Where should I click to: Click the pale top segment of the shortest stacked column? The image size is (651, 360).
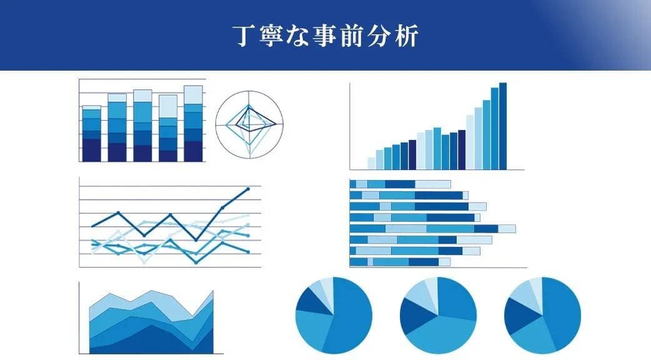pyautogui.click(x=91, y=107)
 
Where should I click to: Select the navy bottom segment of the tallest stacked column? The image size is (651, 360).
pyautogui.click(x=193, y=151)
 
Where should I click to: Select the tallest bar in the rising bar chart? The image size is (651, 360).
pyautogui.click(x=503, y=126)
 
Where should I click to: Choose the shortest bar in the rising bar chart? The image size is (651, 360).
pyautogui.click(x=371, y=163)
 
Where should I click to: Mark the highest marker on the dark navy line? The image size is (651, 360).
pyautogui.click(x=248, y=188)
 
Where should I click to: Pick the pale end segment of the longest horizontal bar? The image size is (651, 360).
pyautogui.click(x=507, y=229)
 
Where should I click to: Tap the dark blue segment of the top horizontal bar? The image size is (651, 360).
pyautogui.click(x=400, y=184)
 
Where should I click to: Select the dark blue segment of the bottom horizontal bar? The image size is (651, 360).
pyautogui.click(x=424, y=262)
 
